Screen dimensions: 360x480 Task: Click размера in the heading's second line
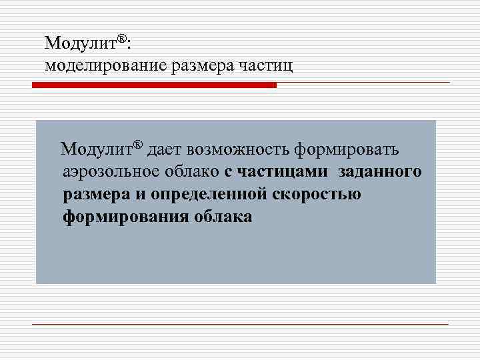(x=201, y=66)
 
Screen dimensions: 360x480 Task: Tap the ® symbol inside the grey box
(x=138, y=145)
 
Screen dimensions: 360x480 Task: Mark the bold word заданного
(x=379, y=172)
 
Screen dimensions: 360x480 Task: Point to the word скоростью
(x=317, y=195)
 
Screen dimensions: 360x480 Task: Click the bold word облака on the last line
(x=224, y=217)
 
